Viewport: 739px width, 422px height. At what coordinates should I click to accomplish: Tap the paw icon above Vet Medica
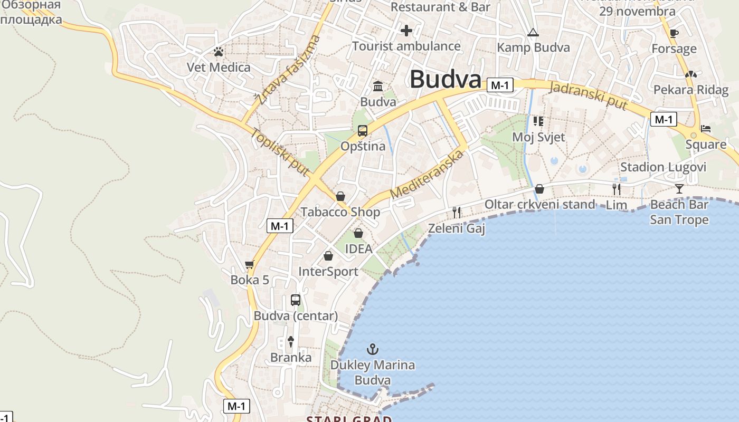219,52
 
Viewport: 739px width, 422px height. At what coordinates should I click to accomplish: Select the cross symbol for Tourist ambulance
406,31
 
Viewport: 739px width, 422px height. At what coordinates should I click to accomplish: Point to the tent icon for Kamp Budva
533,33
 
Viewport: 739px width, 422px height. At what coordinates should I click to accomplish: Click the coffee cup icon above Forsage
674,34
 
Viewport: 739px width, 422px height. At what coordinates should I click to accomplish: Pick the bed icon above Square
706,129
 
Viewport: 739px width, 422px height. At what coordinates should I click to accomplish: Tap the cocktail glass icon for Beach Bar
679,188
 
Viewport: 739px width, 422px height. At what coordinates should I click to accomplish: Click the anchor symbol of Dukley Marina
373,349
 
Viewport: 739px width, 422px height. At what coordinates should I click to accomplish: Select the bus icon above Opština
363,131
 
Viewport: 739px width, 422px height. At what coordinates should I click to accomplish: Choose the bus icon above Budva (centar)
296,300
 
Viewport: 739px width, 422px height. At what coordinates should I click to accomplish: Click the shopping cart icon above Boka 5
250,264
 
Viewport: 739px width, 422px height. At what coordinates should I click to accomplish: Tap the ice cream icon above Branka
290,341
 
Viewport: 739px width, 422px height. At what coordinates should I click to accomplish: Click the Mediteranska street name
428,174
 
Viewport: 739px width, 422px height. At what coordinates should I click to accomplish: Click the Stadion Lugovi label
663,167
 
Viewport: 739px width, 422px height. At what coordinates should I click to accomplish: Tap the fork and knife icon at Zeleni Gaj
457,213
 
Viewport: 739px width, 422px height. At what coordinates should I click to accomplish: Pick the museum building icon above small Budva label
378,86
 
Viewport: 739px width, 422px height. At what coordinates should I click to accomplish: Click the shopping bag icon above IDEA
358,233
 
